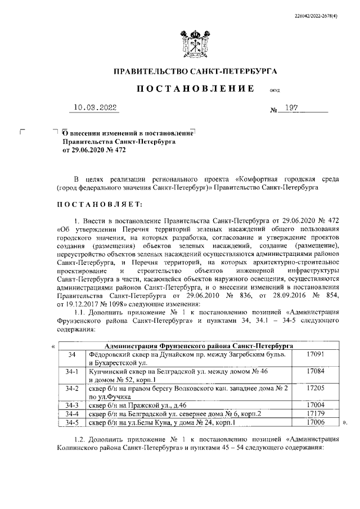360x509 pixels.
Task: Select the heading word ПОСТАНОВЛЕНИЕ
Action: pos(192,89)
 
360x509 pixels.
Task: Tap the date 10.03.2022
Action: pos(97,107)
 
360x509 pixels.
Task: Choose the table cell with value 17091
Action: pos(318,355)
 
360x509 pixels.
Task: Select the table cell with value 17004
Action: pos(318,404)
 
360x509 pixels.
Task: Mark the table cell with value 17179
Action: pos(318,413)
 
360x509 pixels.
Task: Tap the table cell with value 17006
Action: pos(318,422)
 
